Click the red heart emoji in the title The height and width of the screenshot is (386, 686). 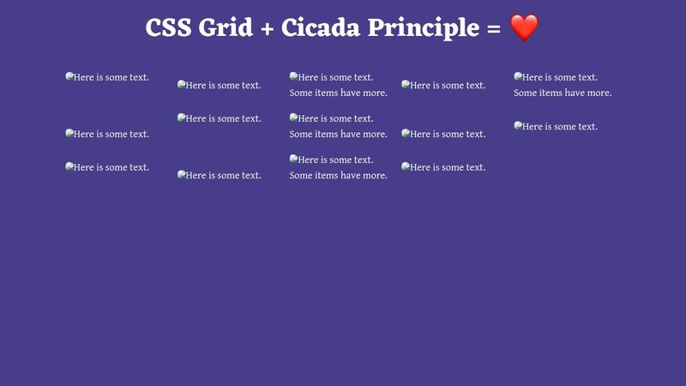click(524, 28)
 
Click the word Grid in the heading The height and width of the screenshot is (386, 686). click(226, 28)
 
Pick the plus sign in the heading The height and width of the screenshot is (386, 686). click(268, 28)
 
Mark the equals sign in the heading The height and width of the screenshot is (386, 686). click(492, 28)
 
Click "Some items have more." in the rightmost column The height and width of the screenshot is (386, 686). click(562, 93)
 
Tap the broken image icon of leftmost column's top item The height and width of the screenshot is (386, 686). click(69, 76)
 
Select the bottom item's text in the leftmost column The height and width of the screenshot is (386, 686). click(111, 167)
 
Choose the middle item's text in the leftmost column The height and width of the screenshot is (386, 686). click(111, 134)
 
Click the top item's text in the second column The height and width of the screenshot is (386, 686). click(223, 85)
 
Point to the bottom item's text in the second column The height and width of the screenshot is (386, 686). click(223, 175)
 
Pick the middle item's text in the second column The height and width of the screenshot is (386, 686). click(223, 118)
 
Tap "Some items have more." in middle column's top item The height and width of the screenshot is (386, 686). click(338, 93)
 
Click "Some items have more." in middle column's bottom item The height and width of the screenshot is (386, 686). click(338, 175)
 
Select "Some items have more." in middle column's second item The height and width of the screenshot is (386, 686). click(338, 134)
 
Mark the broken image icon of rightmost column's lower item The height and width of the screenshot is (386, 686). click(518, 125)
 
